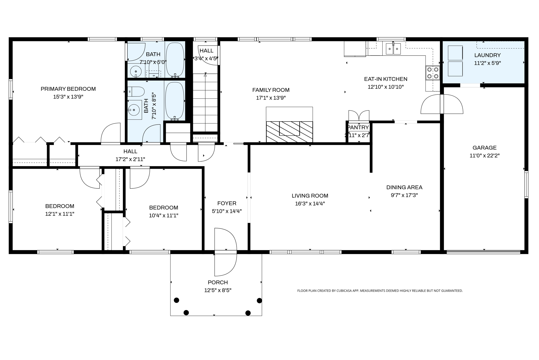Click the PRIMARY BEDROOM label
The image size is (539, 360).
click(x=68, y=89)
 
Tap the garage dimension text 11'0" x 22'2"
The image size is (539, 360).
click(x=484, y=156)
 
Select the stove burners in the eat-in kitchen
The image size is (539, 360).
click(x=433, y=73)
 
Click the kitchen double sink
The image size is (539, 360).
click(x=393, y=49)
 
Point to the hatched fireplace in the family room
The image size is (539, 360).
click(x=289, y=132)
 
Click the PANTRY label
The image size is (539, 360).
click(x=358, y=128)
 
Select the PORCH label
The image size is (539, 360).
click(x=218, y=282)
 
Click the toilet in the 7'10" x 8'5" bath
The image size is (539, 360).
click(x=136, y=92)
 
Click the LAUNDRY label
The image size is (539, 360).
click(x=487, y=55)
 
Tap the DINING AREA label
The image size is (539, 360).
click(x=404, y=187)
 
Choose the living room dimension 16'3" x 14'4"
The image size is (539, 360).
click(x=310, y=204)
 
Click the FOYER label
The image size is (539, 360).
click(x=227, y=203)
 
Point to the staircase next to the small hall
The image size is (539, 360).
click(x=205, y=103)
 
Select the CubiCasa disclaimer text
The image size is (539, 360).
click(x=380, y=291)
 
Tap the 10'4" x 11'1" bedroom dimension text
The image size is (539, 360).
click(x=163, y=216)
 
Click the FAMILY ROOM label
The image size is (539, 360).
click(x=271, y=90)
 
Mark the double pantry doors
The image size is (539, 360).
click(x=359, y=116)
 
